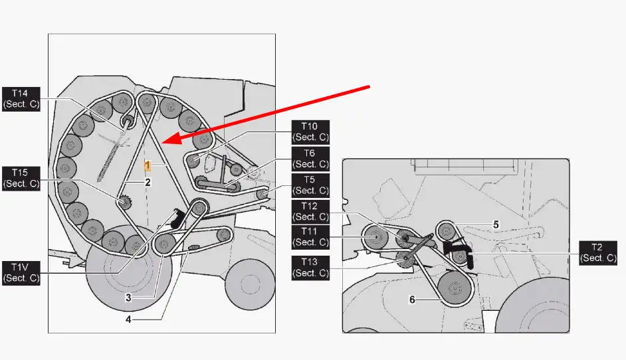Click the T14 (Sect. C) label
click(21, 99)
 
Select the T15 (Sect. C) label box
click(21, 179)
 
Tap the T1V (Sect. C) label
click(21, 273)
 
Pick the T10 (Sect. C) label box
click(310, 132)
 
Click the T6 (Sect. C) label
click(310, 159)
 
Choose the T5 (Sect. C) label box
click(310, 185)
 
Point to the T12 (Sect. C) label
click(310, 212)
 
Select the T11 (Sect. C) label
click(310, 237)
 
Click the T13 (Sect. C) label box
click(310, 268)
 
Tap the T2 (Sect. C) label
click(598, 253)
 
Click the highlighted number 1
click(148, 165)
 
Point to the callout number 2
click(148, 183)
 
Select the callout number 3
click(128, 298)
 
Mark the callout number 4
click(128, 319)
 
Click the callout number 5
click(496, 225)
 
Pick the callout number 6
click(413, 300)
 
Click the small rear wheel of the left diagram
click(249, 284)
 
